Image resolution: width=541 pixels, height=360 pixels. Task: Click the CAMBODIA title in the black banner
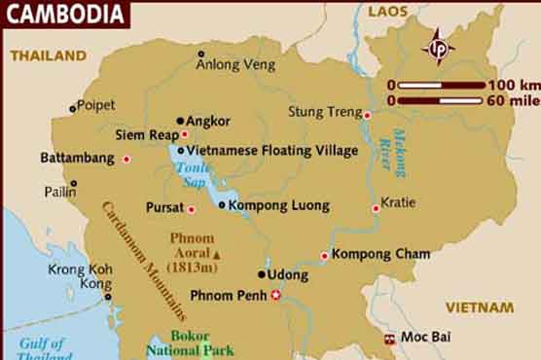[64, 16]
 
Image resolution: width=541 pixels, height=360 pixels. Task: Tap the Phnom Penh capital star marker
[275, 295]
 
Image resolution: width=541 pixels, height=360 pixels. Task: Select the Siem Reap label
[146, 134]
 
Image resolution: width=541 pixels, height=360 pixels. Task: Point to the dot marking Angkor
[181, 121]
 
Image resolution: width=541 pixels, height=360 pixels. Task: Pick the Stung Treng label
[324, 112]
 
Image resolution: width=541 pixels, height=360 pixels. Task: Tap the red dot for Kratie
[376, 208]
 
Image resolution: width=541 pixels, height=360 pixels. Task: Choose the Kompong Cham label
[380, 254]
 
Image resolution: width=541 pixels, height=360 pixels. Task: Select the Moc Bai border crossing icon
[389, 339]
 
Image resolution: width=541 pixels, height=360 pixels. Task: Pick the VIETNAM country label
[480, 307]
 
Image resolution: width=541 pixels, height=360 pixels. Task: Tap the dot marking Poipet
[72, 108]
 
